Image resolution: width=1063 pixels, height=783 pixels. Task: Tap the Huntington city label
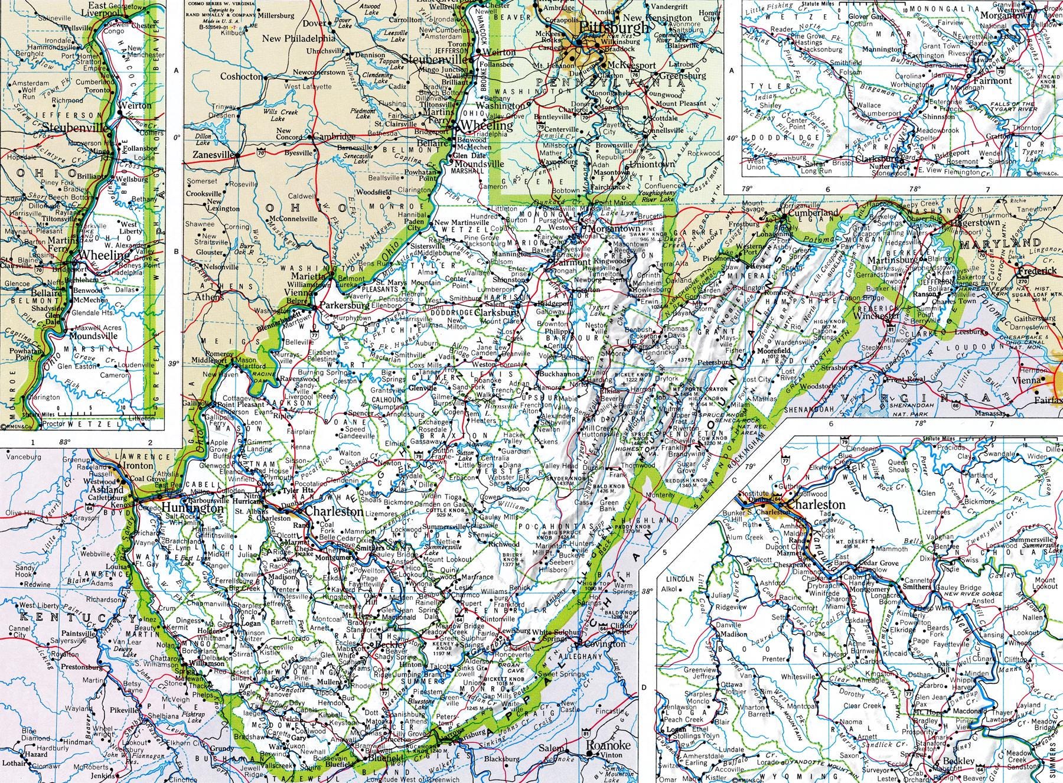tap(185, 508)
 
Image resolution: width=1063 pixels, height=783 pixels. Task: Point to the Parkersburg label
tap(345, 306)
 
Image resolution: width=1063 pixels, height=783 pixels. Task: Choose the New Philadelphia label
tap(299, 38)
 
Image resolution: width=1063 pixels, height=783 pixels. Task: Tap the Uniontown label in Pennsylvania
tap(651, 164)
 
